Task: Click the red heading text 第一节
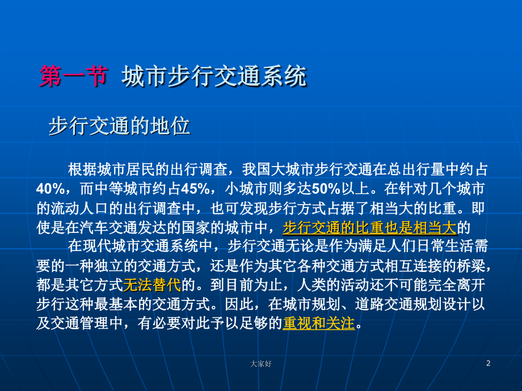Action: [x=73, y=76]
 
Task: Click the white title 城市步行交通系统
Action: [x=214, y=76]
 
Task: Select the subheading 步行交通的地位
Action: [x=119, y=126]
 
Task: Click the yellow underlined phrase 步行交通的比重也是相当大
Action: [x=369, y=227]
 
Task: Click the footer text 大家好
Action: [x=260, y=364]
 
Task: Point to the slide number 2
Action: [x=487, y=363]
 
